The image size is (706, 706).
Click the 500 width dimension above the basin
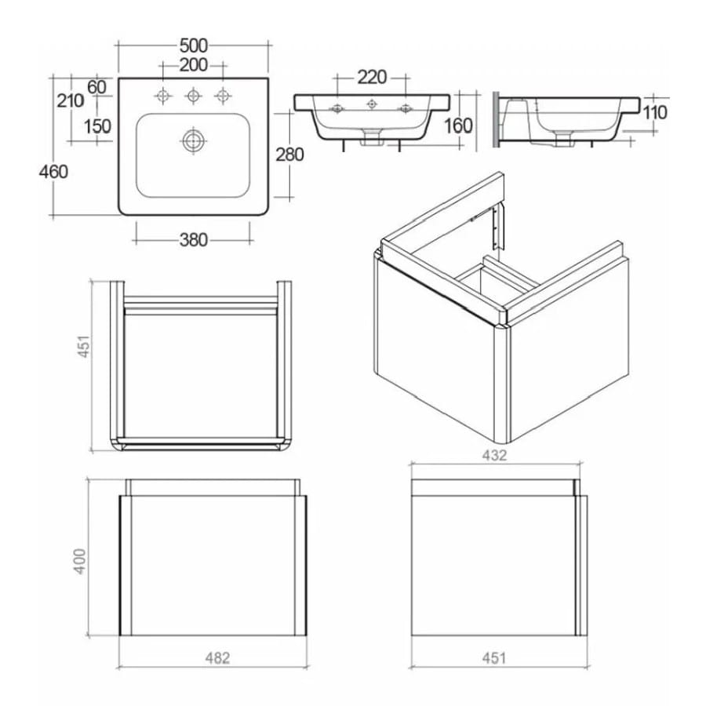click(x=193, y=46)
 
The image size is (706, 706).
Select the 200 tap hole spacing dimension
click(x=193, y=65)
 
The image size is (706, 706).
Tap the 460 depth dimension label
click(x=53, y=171)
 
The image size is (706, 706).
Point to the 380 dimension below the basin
click(x=193, y=240)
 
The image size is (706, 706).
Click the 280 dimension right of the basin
click(x=289, y=155)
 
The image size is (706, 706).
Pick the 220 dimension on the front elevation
click(x=372, y=77)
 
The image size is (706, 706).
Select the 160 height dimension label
click(x=458, y=126)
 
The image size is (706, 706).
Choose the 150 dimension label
click(x=97, y=126)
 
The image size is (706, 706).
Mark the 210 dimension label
click(x=71, y=101)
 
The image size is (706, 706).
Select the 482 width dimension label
click(x=215, y=658)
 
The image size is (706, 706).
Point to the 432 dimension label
click(x=494, y=455)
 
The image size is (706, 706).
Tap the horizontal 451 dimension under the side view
click(x=494, y=658)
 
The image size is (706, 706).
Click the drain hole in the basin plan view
click(x=193, y=141)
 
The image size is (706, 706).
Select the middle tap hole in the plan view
click(x=193, y=96)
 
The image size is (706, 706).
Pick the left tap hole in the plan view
click(x=163, y=96)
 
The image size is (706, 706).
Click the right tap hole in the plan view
click(x=223, y=96)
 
